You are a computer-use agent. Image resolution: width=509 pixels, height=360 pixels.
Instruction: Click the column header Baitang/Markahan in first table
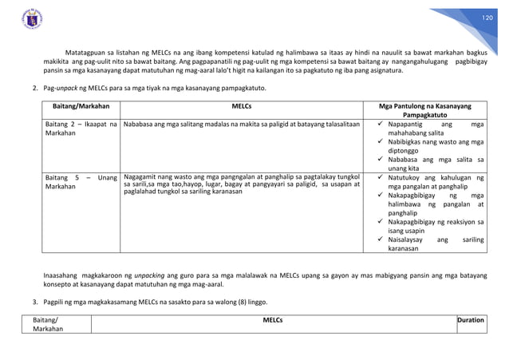(x=81, y=105)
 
